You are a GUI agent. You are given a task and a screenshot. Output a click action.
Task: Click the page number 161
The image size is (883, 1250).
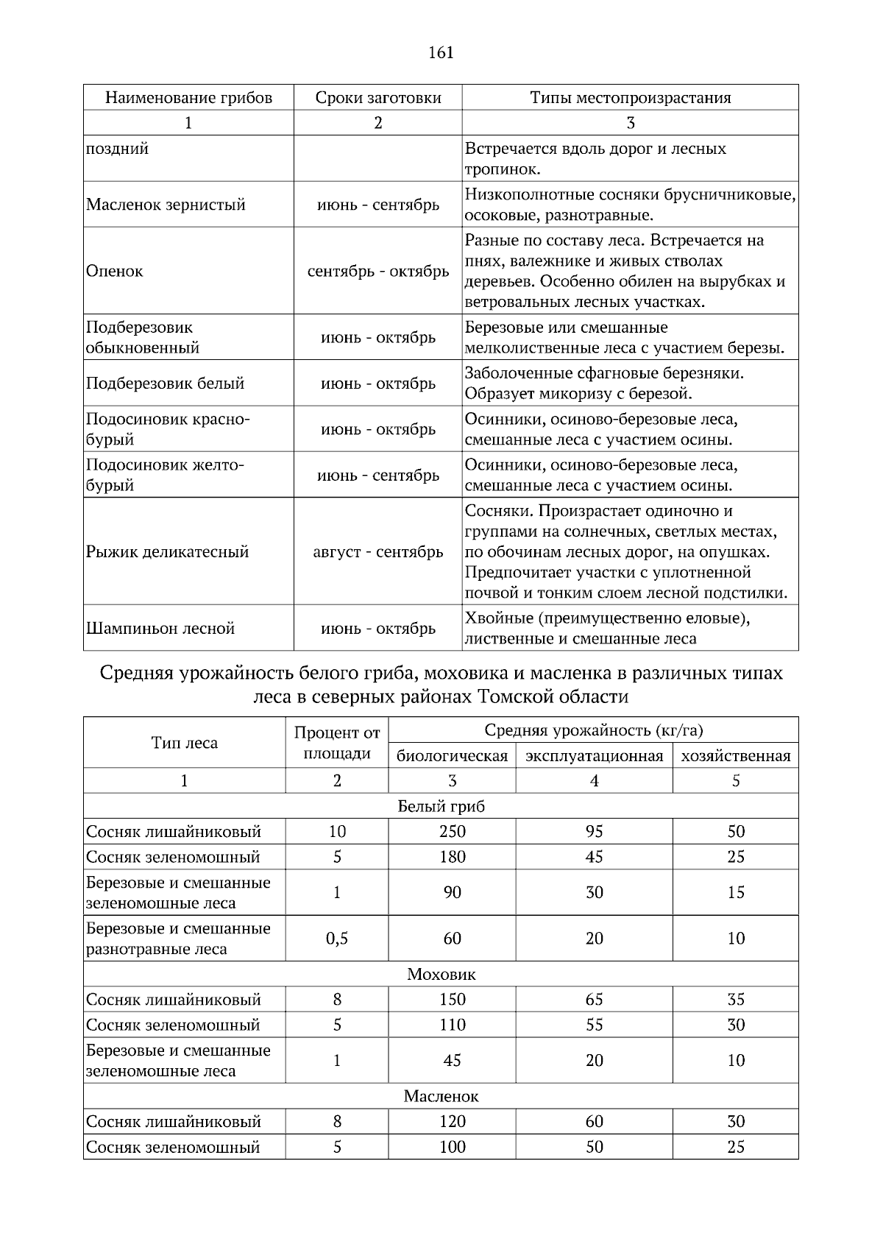[440, 52]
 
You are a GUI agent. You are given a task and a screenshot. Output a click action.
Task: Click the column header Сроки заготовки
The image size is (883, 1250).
[378, 98]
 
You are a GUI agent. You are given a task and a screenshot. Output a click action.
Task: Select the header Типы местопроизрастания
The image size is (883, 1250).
[630, 98]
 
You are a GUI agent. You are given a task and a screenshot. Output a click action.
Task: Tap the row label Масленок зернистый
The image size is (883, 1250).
[166, 205]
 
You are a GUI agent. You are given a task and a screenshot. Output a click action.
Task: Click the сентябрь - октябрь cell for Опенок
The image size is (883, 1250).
[378, 271]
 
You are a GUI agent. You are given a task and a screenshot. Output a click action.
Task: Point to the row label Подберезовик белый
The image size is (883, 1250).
[165, 384]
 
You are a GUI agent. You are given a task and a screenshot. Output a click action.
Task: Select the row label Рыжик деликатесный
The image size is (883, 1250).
[167, 552]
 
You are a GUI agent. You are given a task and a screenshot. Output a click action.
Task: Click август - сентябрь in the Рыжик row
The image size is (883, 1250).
[378, 552]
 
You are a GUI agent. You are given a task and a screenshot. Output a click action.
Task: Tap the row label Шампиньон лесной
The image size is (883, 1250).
[160, 629]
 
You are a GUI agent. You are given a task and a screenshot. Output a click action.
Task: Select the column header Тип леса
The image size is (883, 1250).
[184, 743]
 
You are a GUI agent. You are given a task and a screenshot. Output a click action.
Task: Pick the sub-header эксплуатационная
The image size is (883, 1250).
[594, 756]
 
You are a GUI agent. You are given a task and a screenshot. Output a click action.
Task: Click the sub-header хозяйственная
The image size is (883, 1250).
[735, 756]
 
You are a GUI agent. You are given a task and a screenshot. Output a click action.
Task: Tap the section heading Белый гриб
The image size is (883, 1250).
[441, 806]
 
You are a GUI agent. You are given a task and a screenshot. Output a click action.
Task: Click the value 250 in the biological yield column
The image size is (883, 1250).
[452, 832]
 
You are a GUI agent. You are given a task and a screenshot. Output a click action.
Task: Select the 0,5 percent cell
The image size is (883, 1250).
[337, 939]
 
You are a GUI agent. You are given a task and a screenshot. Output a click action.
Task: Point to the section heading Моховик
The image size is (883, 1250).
[441, 975]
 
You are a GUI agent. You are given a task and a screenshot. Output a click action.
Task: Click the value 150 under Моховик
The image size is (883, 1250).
[452, 1000]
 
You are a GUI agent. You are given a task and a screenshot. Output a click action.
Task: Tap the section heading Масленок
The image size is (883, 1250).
[441, 1097]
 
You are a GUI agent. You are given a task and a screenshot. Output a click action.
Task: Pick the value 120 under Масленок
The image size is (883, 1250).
[452, 1122]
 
